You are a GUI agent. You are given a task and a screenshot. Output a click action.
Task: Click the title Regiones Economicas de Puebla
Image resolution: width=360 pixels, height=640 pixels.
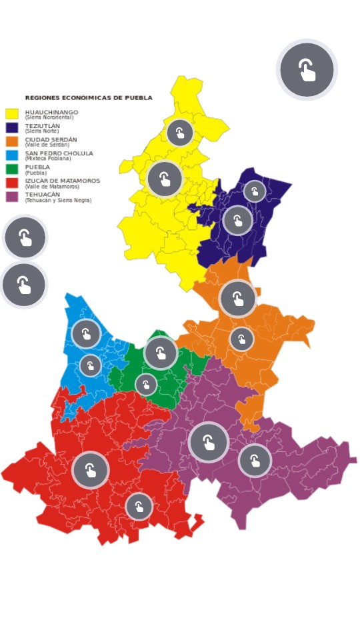click(x=89, y=98)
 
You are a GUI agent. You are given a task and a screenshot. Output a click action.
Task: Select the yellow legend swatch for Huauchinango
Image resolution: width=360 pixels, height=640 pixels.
click(x=12, y=114)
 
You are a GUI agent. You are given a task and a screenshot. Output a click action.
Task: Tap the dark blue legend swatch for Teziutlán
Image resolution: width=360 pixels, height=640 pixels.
click(x=12, y=127)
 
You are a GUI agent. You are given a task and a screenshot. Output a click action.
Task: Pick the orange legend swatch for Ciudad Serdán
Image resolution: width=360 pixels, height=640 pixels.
click(x=12, y=141)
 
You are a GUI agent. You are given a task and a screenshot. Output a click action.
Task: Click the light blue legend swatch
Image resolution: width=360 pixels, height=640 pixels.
click(x=12, y=155)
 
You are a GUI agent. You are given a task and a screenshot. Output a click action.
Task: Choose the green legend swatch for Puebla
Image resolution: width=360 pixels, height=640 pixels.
click(x=12, y=169)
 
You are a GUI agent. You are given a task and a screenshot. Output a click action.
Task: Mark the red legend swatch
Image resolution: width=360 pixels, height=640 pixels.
click(x=12, y=183)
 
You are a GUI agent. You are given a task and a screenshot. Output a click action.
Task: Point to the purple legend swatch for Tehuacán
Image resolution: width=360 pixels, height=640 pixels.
click(x=12, y=197)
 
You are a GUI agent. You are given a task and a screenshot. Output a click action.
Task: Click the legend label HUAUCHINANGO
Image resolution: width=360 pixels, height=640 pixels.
click(x=51, y=112)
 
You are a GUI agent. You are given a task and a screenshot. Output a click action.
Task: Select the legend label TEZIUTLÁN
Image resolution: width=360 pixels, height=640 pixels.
click(x=43, y=125)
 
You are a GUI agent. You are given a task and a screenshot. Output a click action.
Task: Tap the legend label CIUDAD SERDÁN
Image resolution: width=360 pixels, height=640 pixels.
click(x=51, y=139)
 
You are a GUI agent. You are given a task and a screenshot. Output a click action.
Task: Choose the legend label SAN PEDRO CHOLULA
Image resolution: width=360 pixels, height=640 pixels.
click(x=59, y=153)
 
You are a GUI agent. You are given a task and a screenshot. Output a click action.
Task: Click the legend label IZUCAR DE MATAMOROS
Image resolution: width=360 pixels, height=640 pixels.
click(x=63, y=181)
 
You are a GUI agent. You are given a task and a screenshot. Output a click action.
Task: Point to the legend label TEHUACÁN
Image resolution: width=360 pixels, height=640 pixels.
click(x=43, y=195)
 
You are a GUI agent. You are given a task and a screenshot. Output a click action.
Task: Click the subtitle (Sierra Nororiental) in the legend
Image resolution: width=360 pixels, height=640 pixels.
click(x=49, y=117)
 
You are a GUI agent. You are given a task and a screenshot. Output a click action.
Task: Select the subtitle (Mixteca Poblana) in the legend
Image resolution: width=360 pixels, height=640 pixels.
click(x=48, y=159)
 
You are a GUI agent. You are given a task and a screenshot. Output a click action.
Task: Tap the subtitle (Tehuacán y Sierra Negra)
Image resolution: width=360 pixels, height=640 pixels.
click(x=58, y=200)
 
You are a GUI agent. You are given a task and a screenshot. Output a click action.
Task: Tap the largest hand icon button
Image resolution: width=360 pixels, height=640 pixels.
click(x=307, y=69)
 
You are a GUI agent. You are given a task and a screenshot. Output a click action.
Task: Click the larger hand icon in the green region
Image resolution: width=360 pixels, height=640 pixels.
click(x=161, y=353)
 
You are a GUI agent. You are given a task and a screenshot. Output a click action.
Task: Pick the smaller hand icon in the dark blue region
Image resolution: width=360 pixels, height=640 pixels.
click(x=255, y=191)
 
